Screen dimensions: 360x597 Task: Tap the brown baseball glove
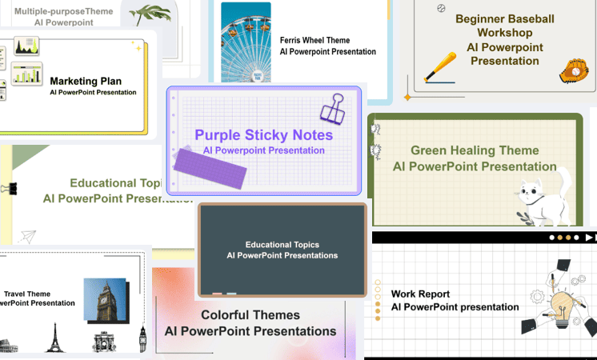tap(573, 71)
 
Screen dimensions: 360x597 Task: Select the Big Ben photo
tap(105, 299)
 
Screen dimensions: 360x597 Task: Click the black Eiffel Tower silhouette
tap(54, 338)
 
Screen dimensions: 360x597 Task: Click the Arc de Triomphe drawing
tap(104, 342)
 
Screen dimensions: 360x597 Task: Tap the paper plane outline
tap(28, 236)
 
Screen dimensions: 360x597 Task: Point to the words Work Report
tap(420, 294)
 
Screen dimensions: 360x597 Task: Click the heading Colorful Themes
tap(250, 315)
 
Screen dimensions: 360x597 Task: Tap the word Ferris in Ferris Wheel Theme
tap(292, 40)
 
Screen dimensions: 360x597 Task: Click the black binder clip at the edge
tap(8, 190)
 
